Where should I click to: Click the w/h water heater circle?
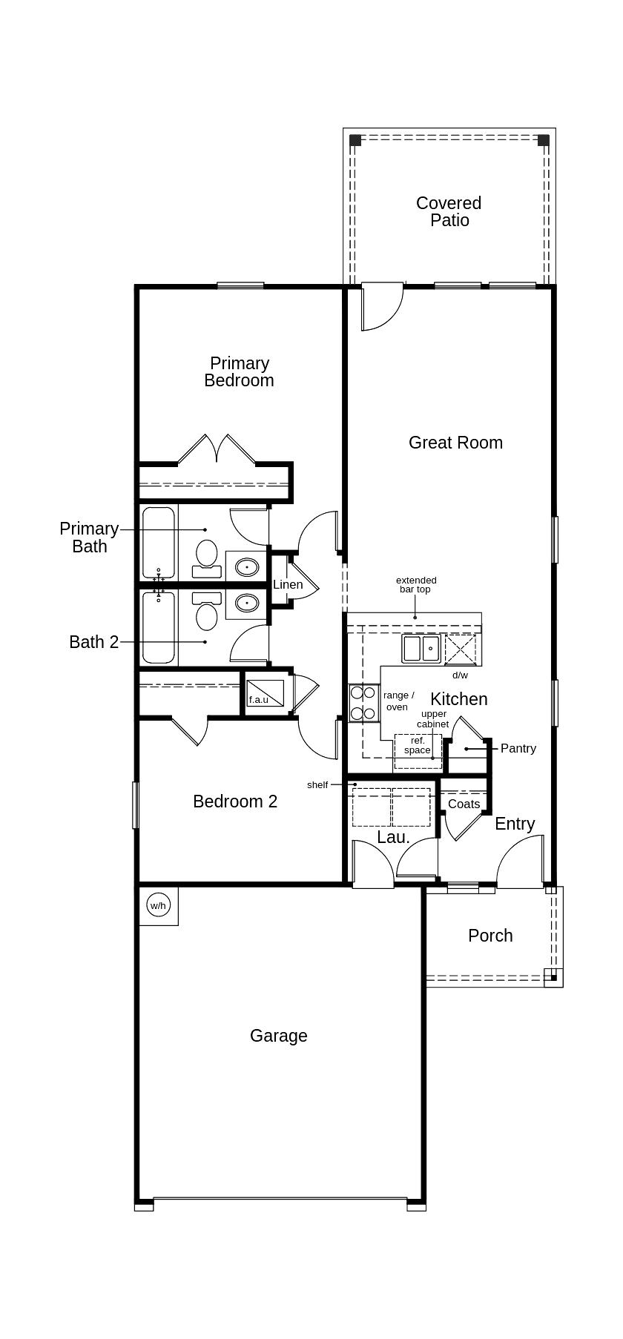pos(159,905)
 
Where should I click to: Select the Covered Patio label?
pos(449,211)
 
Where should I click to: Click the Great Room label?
pos(455,443)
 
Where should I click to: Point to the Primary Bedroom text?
pos(239,371)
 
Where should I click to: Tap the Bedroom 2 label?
pos(235,801)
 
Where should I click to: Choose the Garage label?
pos(278,1036)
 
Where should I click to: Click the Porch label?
pos(490,936)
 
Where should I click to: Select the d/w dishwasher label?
pos(461,675)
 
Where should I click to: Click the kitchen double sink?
pos(421,649)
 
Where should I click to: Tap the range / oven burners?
pos(363,703)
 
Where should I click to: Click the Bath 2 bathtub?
pos(159,627)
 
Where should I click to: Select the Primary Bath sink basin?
pos(246,568)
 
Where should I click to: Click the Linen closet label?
pos(288,584)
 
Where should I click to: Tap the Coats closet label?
pos(464,804)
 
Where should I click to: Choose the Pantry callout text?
pos(518,748)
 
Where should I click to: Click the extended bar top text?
pos(416,585)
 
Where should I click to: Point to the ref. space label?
pos(418,745)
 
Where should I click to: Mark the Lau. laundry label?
pos(393,837)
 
